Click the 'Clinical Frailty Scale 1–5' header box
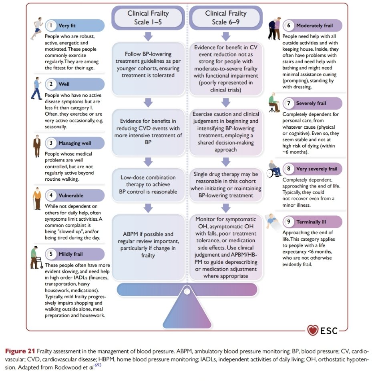tap(148, 18)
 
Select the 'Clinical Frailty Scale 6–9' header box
tap(226, 18)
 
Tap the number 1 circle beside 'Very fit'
tap(51, 26)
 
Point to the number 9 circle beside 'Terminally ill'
tap(289, 221)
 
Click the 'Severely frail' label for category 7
tap(311, 103)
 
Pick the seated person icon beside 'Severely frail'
tap(274, 103)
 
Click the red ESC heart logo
tap(313, 330)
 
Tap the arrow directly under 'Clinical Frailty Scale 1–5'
tap(148, 36)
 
